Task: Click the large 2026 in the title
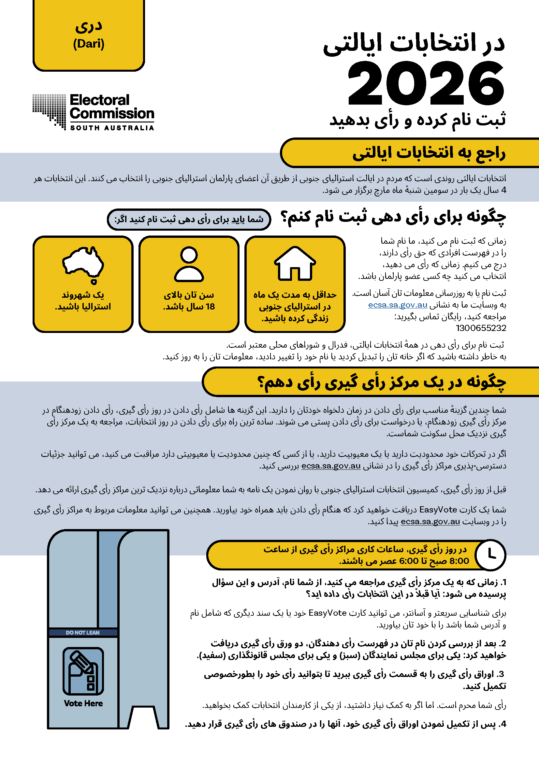[426, 84]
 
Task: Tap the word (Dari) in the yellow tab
[89, 44]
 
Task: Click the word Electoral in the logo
[100, 100]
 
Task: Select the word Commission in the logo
[112, 114]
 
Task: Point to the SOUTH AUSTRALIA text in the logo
[112, 128]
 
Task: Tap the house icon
[295, 264]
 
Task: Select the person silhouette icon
[189, 264]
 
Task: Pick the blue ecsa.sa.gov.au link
[397, 305]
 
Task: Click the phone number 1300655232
[481, 328]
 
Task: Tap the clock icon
[490, 554]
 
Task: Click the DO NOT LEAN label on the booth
[83, 633]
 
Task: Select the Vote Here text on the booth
[83, 703]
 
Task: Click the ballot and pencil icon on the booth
[83, 672]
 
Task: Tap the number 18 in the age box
[210, 306]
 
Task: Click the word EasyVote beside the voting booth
[328, 613]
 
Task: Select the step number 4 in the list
[503, 724]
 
